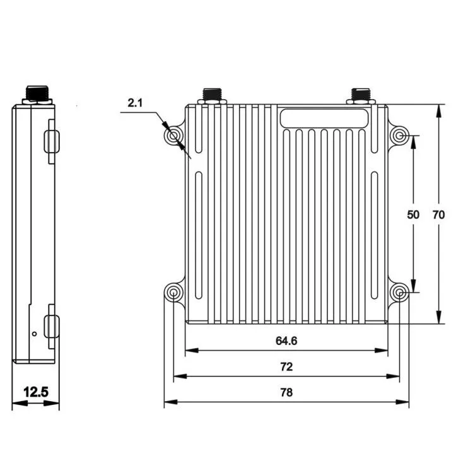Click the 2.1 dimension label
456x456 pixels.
click(x=135, y=103)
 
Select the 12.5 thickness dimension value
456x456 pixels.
click(x=35, y=392)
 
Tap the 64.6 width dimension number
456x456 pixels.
click(x=286, y=341)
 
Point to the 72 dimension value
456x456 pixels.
click(x=286, y=366)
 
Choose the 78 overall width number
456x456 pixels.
click(x=286, y=392)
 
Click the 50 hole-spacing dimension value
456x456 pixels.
click(x=413, y=214)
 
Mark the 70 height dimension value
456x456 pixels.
click(x=438, y=214)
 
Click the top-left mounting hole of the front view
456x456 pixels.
click(x=174, y=136)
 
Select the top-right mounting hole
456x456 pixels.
click(x=399, y=136)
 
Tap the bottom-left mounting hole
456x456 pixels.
click(x=174, y=292)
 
